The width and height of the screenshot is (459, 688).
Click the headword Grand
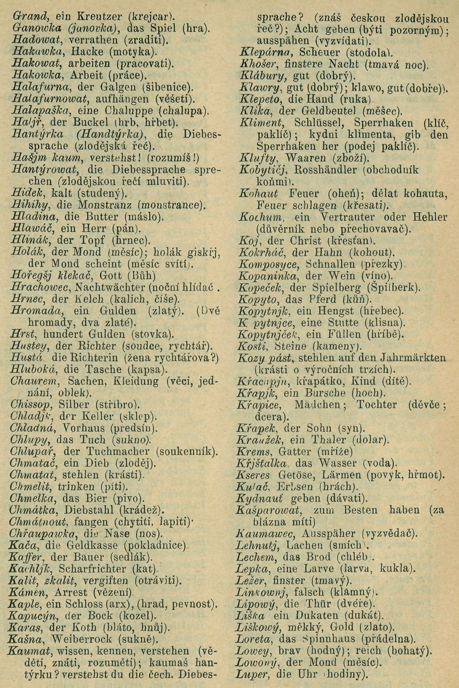pos(27,16)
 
